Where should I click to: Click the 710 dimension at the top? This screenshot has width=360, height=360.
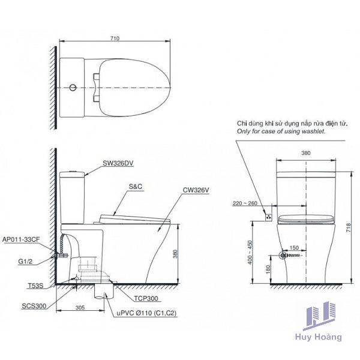[115, 38]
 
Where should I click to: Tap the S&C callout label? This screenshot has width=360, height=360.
[134, 187]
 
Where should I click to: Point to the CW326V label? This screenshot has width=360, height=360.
[197, 191]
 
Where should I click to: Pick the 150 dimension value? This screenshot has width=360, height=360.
[295, 247]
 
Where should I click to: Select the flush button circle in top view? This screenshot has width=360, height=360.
[73, 89]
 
